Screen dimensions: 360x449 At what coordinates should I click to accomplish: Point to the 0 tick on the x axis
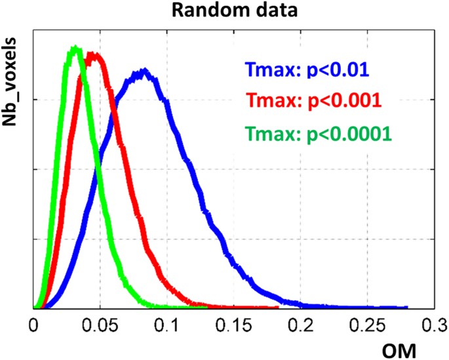tap(34, 323)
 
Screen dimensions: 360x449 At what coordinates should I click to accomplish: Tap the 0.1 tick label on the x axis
tap(166, 323)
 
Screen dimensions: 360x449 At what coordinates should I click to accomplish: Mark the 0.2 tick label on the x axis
tap(300, 323)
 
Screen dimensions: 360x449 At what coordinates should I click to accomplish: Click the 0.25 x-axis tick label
tap(365, 323)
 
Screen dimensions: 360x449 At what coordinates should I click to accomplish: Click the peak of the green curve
tap(75, 47)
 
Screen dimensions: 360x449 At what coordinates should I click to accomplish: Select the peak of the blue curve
tap(143, 70)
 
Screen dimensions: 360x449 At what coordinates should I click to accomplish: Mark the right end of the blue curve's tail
tap(407, 307)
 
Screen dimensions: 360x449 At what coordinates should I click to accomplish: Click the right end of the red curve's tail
tap(278, 307)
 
